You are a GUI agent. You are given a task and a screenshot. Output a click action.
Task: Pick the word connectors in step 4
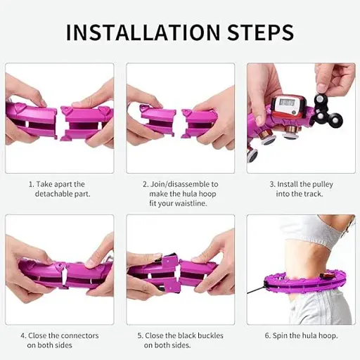[79, 335]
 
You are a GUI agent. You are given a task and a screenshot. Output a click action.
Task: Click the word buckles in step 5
[210, 335]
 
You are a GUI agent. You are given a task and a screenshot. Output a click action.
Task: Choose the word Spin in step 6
[280, 336]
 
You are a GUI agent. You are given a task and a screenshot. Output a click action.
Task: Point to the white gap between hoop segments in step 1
[60, 124]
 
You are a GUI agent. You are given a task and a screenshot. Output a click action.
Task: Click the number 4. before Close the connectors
[24, 335]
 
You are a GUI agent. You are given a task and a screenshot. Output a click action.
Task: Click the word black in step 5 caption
[186, 335]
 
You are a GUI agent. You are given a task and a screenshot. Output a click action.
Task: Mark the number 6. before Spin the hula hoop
[268, 335]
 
